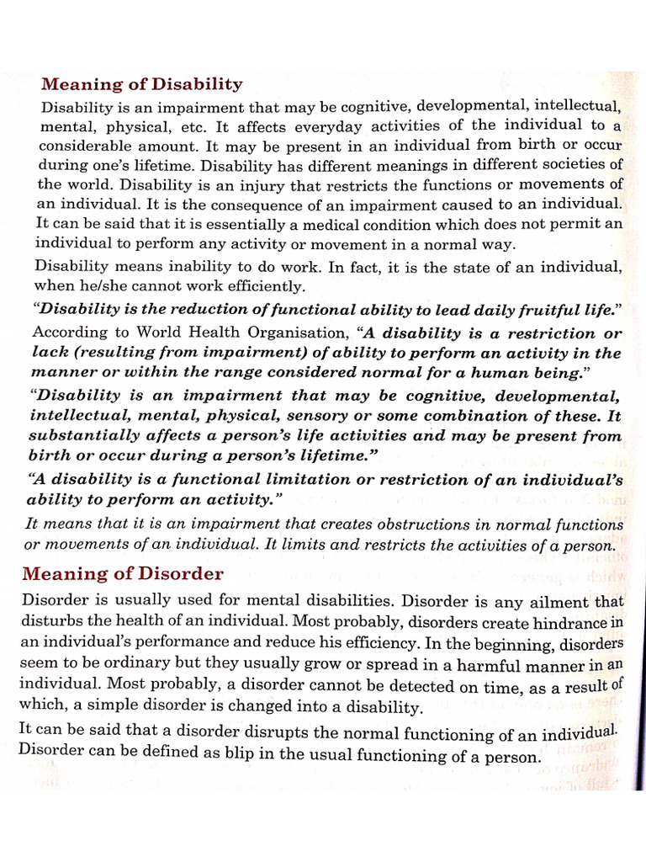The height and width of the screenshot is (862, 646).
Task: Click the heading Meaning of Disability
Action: [x=142, y=84]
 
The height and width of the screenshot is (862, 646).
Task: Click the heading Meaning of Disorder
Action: [x=123, y=574]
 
